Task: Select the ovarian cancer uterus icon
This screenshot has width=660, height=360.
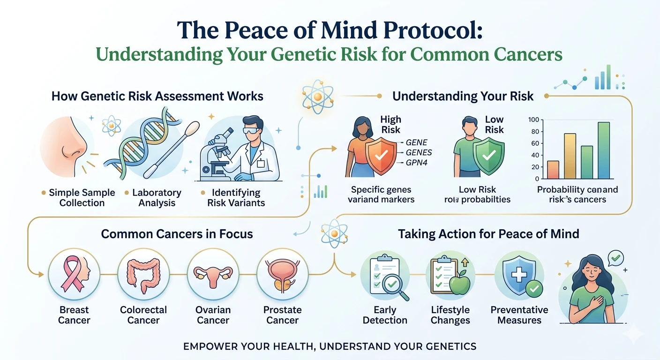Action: pos(213,274)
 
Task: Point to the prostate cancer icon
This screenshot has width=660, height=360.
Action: pos(282,274)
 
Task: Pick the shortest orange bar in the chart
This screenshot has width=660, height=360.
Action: pos(553,170)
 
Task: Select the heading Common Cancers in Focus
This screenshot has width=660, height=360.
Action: pos(177,233)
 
